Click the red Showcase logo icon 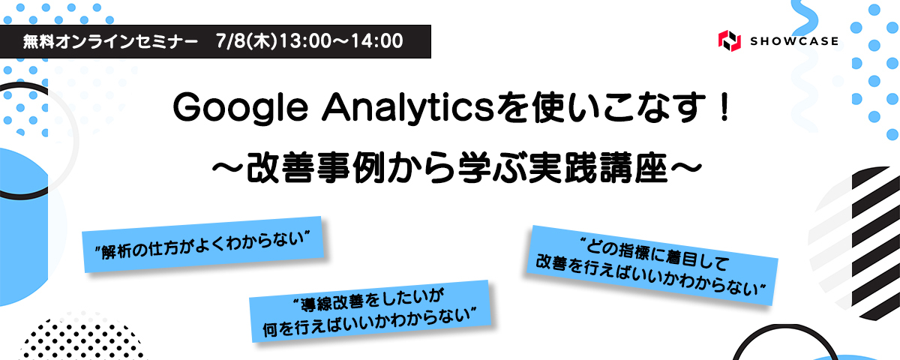pos(729,40)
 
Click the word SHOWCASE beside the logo pos(794,41)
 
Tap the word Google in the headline pos(240,109)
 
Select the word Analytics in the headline pos(407,108)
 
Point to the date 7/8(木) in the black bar pos(247,41)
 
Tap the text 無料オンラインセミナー pos(110,41)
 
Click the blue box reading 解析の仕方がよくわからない pos(203,244)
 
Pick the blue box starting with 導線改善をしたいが pos(370,311)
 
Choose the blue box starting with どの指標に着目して pos(652,265)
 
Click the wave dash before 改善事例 pos(227,169)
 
